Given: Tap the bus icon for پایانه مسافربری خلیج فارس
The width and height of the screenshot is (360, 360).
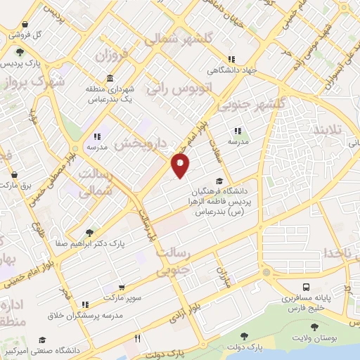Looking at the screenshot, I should pos(306,287).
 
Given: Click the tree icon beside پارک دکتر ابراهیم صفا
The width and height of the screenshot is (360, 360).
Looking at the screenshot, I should pos(89,233).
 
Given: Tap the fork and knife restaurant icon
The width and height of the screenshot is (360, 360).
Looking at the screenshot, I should pos(138,338).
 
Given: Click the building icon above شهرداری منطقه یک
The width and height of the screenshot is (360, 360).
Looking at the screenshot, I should pos(109,79).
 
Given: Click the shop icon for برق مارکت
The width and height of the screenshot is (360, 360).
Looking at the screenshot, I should pos(15,174).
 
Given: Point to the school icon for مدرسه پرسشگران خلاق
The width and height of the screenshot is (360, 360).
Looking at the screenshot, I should pos(85,305).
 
